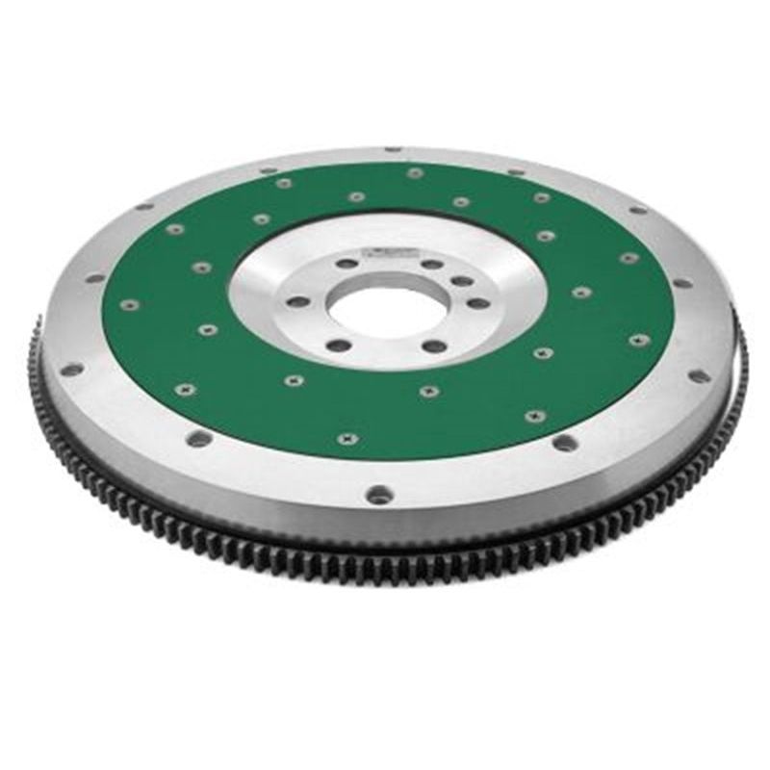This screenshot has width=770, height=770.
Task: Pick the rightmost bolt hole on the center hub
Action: pyautogui.click(x=477, y=303)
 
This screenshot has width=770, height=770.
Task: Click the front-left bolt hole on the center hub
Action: pyautogui.click(x=338, y=344)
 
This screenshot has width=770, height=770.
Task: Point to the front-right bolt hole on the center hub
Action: pyautogui.click(x=435, y=346)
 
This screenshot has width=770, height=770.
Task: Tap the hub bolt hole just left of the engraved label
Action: pyautogui.click(x=345, y=263)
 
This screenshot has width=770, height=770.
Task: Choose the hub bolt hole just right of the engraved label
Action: pyautogui.click(x=432, y=264)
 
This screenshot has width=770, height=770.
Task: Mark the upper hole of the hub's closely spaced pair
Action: pyautogui.click(x=463, y=281)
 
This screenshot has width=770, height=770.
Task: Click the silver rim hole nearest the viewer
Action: pyautogui.click(x=379, y=495)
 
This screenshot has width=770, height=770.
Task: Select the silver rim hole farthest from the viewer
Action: pyautogui.click(x=392, y=150)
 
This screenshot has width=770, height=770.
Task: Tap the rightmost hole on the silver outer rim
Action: pyautogui.click(x=700, y=375)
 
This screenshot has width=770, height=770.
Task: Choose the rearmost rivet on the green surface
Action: pyautogui.click(x=414, y=173)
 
